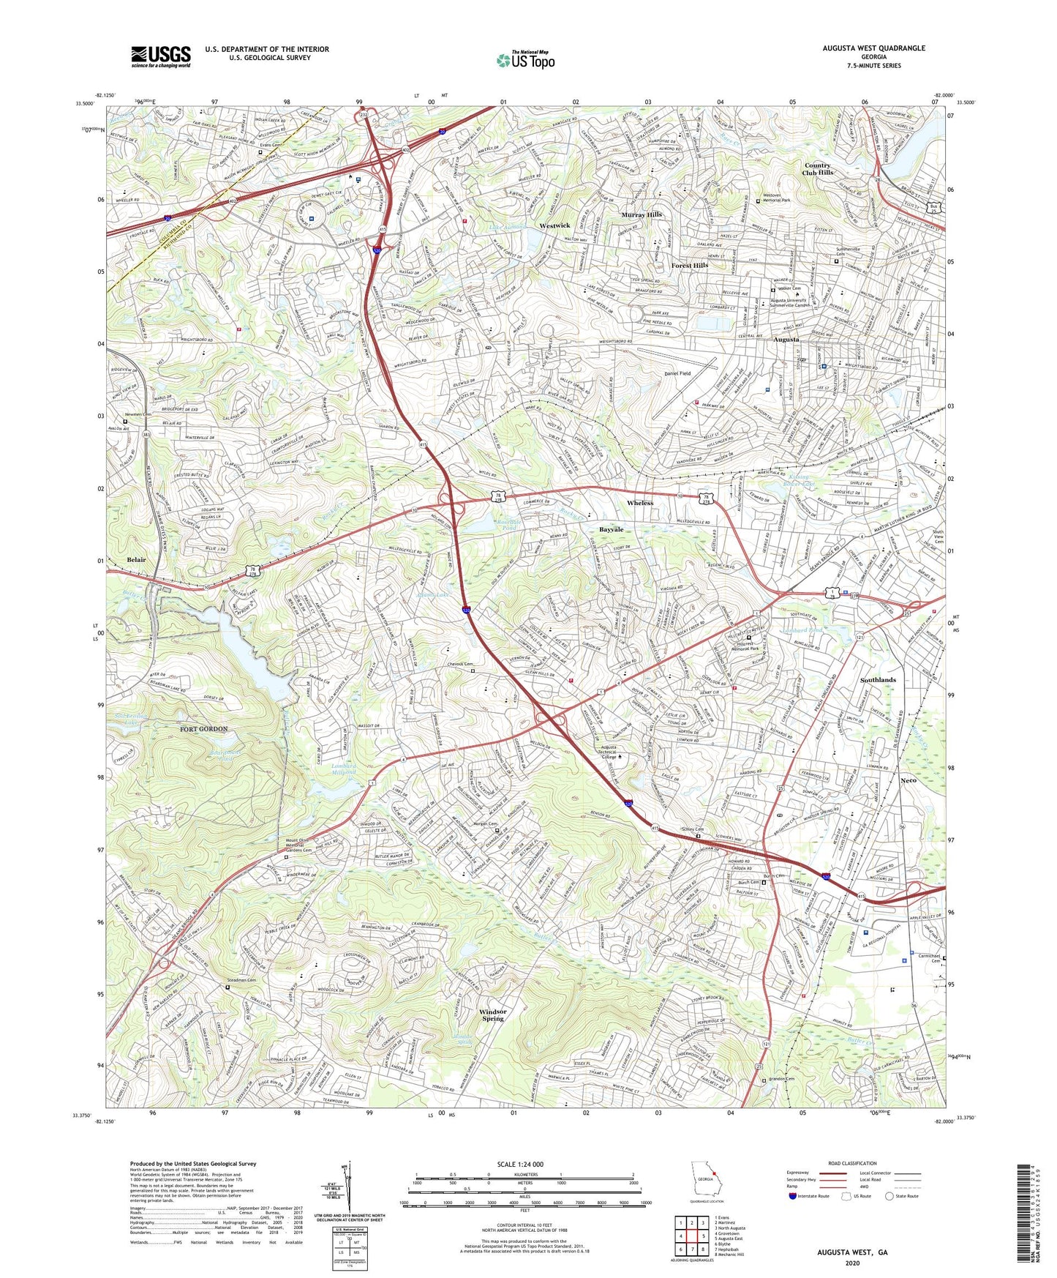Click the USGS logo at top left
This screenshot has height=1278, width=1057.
tap(160, 56)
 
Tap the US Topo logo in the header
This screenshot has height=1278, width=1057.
tap(524, 60)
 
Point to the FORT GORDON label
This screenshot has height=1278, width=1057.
tap(204, 729)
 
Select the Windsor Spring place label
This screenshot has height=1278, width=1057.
tap(493, 1014)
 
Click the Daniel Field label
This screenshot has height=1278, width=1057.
tap(677, 373)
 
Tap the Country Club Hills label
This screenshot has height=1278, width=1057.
tap(818, 169)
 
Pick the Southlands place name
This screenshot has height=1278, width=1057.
tap(878, 680)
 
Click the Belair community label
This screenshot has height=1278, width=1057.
tap(136, 559)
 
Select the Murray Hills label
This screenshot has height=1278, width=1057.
tap(642, 214)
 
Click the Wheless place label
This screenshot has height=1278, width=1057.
tap(640, 504)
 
